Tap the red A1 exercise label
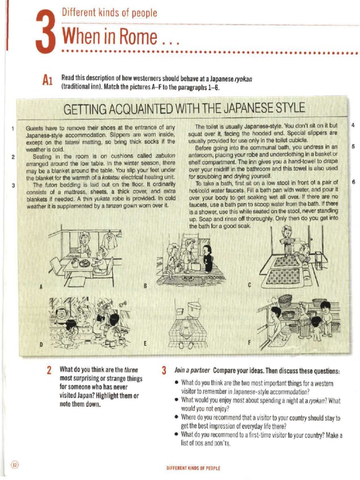coord(47,82)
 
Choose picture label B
coord(145,285)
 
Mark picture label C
coord(249,285)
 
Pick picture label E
coord(145,344)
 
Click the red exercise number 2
coord(49,371)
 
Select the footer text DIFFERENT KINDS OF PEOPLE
coord(193,468)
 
